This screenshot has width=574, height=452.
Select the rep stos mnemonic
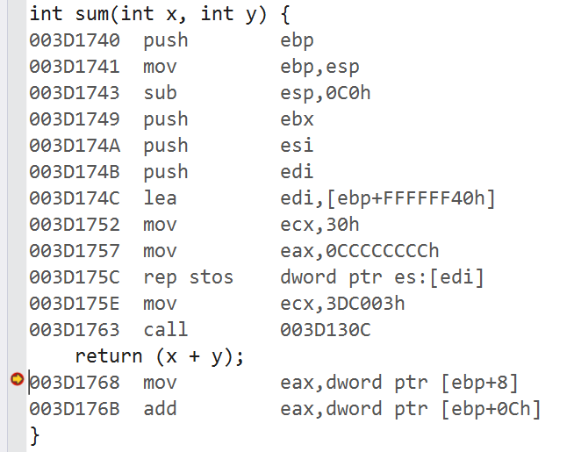tap(189, 277)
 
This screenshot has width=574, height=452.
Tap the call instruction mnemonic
tap(166, 330)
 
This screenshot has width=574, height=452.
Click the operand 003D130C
tap(326, 330)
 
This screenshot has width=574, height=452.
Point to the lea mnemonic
tap(161, 198)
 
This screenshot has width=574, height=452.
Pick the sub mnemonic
tap(161, 93)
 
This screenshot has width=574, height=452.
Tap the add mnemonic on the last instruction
tap(161, 409)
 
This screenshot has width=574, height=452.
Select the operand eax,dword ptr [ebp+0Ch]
tap(411, 409)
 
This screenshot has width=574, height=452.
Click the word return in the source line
tap(109, 356)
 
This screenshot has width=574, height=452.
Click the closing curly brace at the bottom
tap(34, 434)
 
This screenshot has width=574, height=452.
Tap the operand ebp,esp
tap(319, 67)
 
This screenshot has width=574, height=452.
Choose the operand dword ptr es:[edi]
tap(383, 277)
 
